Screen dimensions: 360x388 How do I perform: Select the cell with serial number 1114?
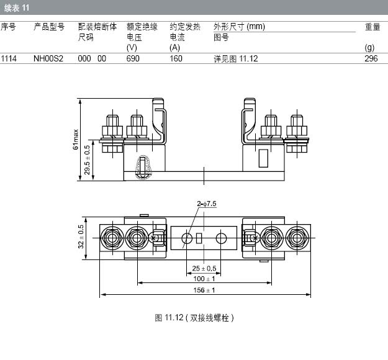coord(9,58)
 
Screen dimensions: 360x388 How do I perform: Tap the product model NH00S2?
coord(48,58)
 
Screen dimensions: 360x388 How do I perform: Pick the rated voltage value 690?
coord(133,58)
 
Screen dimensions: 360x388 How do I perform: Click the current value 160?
coord(176,58)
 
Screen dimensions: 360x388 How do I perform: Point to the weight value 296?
coord(371,58)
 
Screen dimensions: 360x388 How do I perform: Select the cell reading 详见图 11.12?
coord(235,58)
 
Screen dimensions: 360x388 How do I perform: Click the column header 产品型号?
coord(48,27)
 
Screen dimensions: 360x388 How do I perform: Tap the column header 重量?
coord(372,27)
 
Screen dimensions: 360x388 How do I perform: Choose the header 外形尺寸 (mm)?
coord(239,27)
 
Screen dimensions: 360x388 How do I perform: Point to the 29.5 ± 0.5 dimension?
coord(87,160)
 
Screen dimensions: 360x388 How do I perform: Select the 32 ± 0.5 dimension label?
coord(81,236)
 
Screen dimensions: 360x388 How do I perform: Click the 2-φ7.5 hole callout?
coord(207,204)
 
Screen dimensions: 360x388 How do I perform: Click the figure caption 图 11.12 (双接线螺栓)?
coord(194,318)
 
